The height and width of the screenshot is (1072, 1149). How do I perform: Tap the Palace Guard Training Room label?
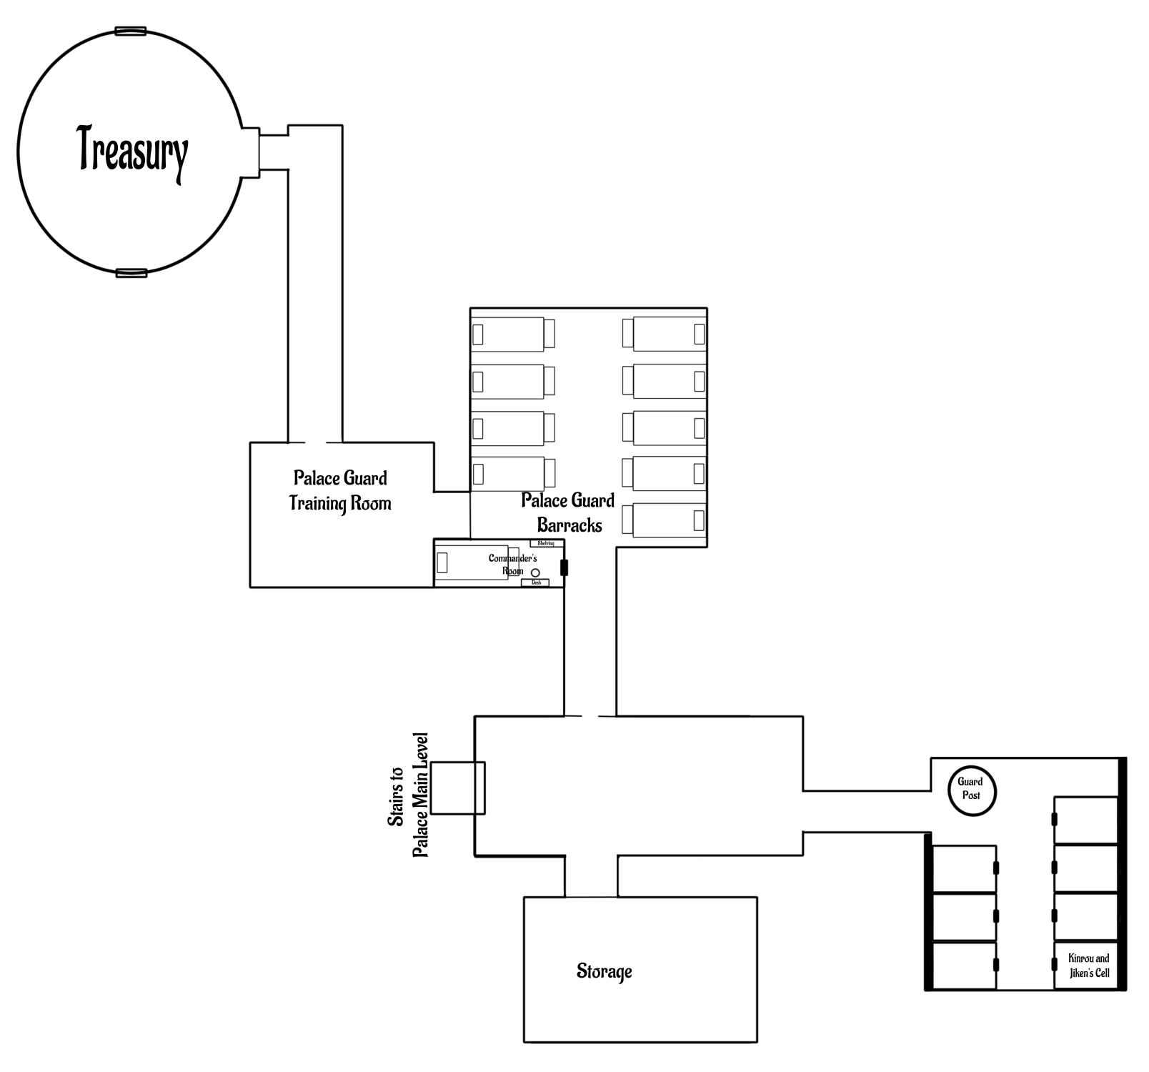coord(340,491)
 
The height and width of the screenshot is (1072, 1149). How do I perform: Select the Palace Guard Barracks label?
coord(569,513)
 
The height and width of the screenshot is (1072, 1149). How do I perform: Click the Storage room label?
coord(605,971)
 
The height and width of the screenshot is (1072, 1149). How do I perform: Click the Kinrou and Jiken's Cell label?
coord(1088,966)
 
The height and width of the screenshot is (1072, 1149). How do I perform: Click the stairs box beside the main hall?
coord(457,788)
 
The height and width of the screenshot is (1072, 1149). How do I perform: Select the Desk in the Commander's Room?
coord(536,582)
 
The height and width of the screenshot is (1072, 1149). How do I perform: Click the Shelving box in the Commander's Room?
coord(546,544)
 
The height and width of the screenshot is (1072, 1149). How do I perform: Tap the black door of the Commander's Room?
coord(564,567)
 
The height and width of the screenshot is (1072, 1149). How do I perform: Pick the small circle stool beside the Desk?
coord(534,572)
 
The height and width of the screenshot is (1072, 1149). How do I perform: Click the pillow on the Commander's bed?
coord(442,562)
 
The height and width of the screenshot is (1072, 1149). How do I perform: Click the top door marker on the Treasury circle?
coord(131,31)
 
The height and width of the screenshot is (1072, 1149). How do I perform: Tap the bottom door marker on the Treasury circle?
coord(131,272)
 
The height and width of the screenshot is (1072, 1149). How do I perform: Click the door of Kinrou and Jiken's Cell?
coord(1055,964)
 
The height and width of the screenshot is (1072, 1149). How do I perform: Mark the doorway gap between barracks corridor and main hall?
coord(590,715)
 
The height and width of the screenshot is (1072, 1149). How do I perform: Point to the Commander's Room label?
coord(513,564)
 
